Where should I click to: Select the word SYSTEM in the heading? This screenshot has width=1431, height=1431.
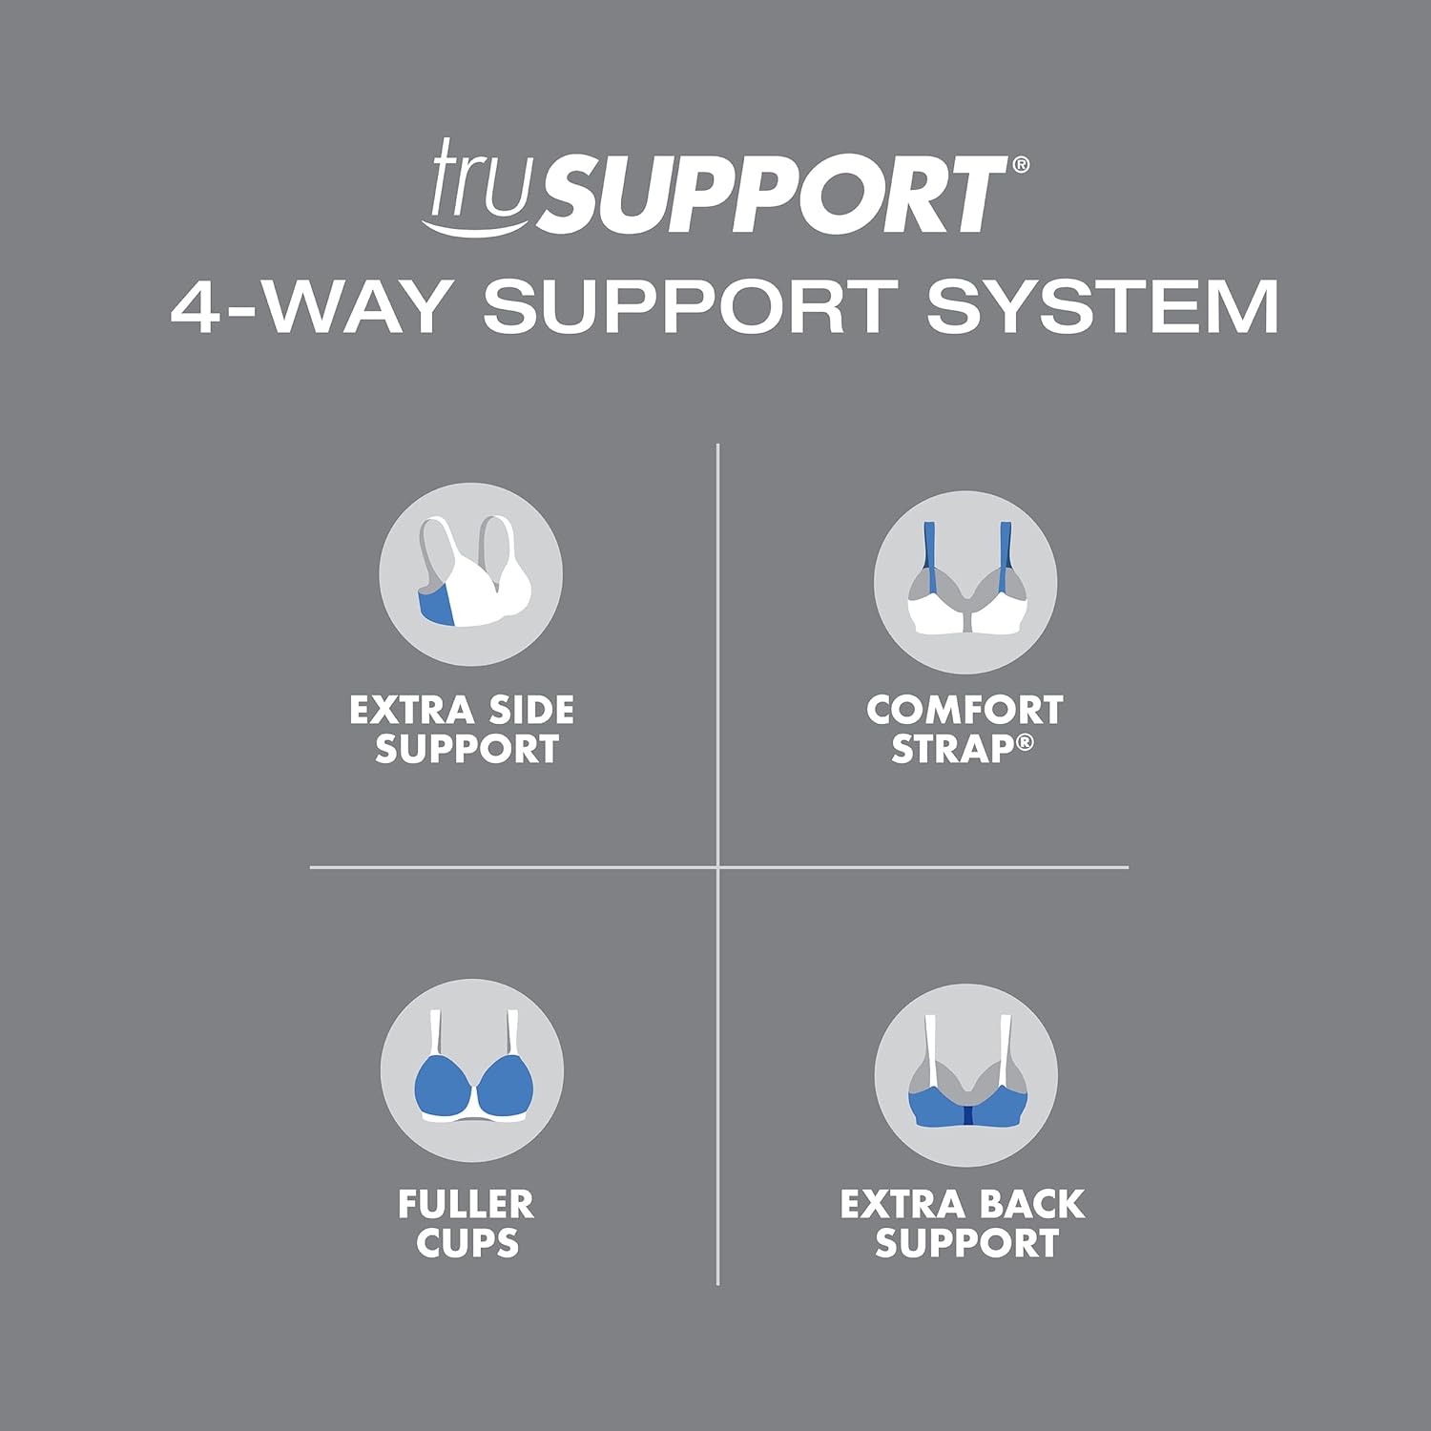tap(1102, 306)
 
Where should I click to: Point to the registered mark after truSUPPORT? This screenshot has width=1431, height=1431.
tap(1020, 164)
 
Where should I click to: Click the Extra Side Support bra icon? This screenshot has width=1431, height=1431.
tap(470, 574)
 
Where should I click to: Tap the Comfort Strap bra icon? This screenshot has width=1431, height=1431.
tap(965, 582)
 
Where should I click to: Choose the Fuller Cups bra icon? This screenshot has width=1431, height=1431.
tap(471, 1070)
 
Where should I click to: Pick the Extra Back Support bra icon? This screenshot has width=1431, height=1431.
tap(965, 1076)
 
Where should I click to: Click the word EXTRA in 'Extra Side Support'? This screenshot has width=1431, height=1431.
tap(412, 711)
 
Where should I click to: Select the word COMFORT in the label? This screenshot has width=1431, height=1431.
tap(964, 711)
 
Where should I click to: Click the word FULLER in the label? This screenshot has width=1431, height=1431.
tap(466, 1205)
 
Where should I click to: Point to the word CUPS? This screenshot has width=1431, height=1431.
tap(467, 1244)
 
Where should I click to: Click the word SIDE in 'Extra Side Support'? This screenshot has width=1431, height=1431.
tap(531, 711)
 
